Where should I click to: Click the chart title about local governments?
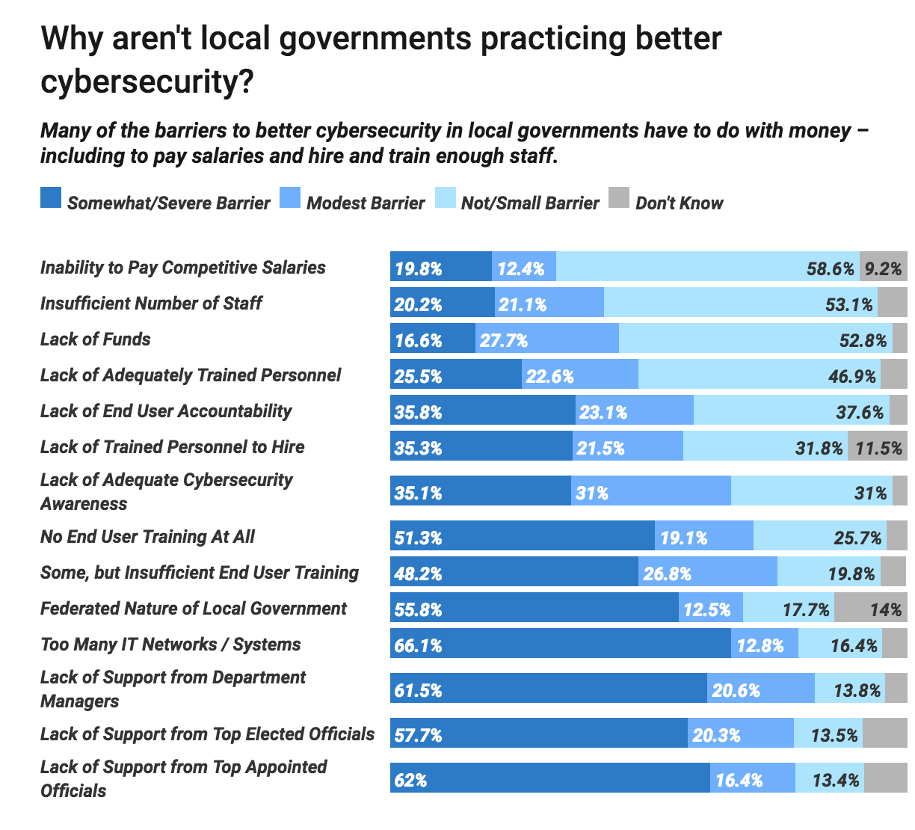pos(381,60)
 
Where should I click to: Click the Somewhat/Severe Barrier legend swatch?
pos(50,198)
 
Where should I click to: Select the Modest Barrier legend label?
pos(365,203)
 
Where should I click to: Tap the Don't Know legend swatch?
pos(619,198)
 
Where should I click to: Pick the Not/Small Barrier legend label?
pos(530,203)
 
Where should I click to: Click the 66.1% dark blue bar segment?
pos(561,644)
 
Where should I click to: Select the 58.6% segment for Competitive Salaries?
pos(708,267)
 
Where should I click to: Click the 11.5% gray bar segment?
pos(877,446)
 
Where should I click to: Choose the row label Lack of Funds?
pos(96,339)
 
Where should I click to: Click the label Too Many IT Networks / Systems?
pos(170,645)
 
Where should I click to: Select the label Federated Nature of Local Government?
pos(194,609)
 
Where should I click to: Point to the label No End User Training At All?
pos(147,537)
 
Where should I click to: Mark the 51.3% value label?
pos(418,538)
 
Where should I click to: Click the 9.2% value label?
pos(883,268)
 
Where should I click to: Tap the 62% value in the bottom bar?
pos(410,780)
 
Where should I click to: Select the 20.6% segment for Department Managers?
pos(761,689)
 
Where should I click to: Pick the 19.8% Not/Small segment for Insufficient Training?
pos(829,572)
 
